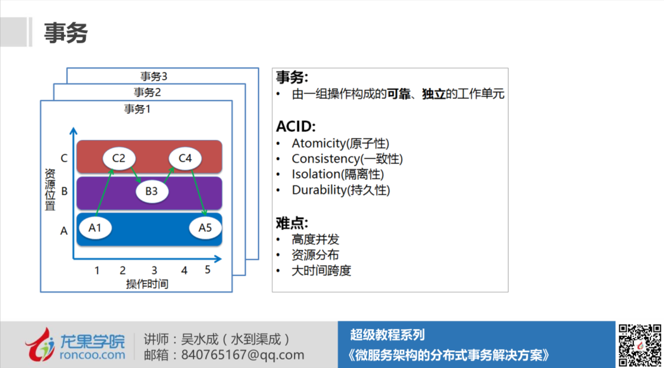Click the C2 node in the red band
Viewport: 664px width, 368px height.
tap(119, 158)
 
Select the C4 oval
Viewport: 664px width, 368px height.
tap(185, 158)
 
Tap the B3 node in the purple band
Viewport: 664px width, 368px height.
tap(152, 191)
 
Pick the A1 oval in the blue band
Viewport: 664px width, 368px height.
tap(95, 228)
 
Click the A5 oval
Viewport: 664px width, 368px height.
tap(205, 228)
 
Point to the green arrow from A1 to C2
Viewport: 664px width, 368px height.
tap(104, 192)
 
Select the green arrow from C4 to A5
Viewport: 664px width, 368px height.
tap(199, 192)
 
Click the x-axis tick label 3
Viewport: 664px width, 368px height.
tap(154, 270)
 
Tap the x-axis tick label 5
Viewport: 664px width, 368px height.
tap(208, 269)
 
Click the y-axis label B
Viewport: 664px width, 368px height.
tap(64, 191)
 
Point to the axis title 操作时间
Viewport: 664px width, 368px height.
tap(147, 284)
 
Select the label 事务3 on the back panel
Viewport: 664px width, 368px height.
tap(154, 76)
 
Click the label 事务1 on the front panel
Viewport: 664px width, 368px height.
tap(137, 109)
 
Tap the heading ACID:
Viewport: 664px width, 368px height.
tap(296, 126)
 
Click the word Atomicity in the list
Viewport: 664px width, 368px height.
tap(319, 144)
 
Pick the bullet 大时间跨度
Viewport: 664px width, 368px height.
tap(321, 271)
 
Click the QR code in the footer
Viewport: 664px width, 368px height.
tap(640, 345)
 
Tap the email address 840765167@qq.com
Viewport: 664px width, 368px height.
tap(243, 355)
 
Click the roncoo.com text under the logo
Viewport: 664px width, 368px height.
tap(93, 355)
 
